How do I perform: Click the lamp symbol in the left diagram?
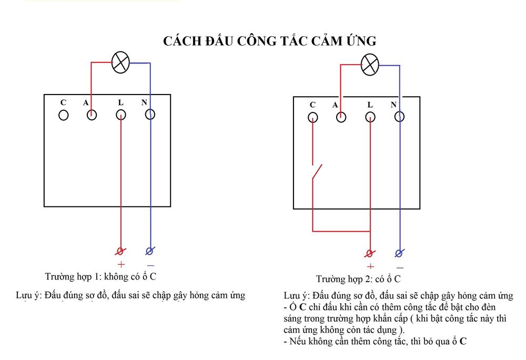120,63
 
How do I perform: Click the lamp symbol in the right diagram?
370,64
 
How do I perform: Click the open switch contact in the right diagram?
317,172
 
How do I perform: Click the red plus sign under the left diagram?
121,264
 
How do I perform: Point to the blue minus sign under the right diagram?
400,268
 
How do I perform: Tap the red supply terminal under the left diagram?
120,251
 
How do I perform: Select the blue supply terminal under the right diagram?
399,253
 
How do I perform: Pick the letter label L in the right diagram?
370,105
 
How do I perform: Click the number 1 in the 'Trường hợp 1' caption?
97,276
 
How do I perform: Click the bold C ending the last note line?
463,341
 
